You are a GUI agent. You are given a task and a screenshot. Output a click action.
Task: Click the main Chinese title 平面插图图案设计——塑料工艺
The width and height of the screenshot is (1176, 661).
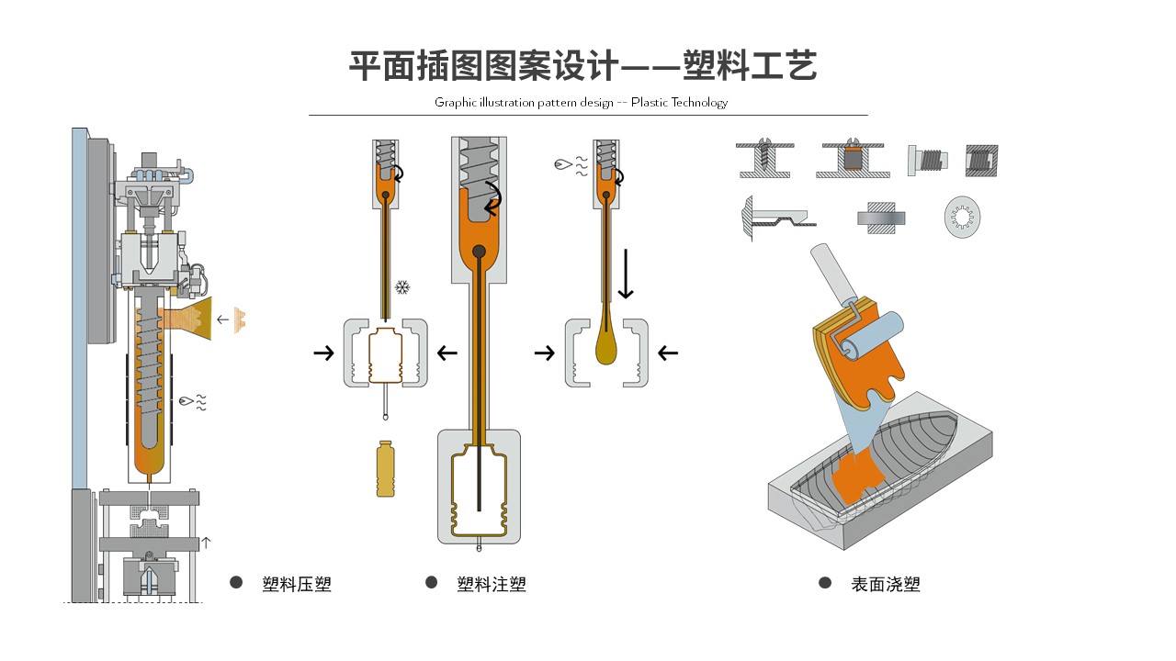click(x=582, y=66)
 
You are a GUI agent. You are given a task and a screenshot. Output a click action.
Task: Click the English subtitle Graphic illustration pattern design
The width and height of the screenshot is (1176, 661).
click(x=581, y=102)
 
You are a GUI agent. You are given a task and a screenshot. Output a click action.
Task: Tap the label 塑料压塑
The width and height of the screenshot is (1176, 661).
click(x=296, y=584)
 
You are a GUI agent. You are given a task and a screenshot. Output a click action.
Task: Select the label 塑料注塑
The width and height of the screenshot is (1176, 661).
click(x=492, y=584)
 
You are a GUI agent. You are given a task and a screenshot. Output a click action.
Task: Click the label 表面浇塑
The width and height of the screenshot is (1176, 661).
click(x=885, y=584)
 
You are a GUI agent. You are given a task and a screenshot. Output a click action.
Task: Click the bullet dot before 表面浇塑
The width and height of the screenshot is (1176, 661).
click(x=825, y=583)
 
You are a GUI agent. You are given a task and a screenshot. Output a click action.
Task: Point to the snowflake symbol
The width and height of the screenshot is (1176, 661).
click(x=401, y=288)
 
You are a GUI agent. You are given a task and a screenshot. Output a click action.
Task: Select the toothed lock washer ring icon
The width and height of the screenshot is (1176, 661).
click(x=962, y=218)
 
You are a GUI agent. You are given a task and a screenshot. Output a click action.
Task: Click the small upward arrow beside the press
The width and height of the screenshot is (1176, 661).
click(x=206, y=543)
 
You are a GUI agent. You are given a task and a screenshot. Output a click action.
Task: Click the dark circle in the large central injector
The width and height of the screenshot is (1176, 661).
click(x=478, y=252)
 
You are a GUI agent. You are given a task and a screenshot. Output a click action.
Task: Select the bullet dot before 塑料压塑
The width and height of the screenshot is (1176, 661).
click(x=236, y=583)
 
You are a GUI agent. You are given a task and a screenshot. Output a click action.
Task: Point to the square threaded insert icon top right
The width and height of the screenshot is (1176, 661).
click(x=981, y=161)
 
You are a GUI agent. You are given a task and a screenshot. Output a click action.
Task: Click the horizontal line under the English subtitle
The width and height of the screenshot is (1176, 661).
click(x=588, y=115)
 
